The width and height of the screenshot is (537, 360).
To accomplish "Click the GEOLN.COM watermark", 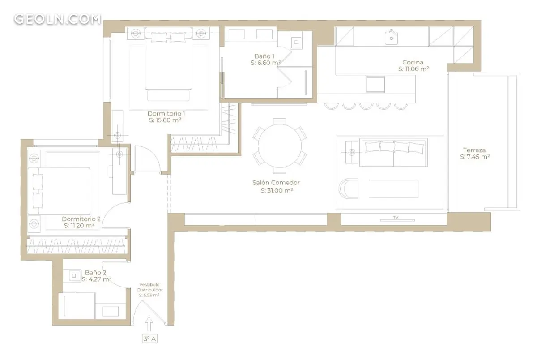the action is (58, 19).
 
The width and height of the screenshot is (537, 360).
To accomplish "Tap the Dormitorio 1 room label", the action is (166, 113).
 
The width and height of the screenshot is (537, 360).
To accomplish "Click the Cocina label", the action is (413, 62).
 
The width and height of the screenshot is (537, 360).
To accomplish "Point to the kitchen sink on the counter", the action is (391, 38).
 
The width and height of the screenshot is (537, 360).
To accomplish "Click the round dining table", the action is (280, 146).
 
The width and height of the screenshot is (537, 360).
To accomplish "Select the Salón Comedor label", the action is (276, 183).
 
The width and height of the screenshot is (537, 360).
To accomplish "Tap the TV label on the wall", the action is (396, 218).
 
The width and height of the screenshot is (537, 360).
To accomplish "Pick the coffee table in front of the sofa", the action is (393, 189).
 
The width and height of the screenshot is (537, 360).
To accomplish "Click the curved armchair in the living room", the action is (349, 189).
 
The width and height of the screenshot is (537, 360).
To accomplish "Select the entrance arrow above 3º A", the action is (149, 324).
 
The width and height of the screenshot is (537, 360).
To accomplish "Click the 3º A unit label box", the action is (149, 339).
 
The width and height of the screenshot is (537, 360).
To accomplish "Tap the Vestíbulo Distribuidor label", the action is (149, 287).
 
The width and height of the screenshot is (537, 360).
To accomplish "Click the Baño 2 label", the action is (95, 273).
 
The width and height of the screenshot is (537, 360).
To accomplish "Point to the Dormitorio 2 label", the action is (81, 219).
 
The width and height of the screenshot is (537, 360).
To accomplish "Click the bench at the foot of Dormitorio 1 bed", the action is (168, 95).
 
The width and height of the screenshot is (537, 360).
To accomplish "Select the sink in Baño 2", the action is (74, 276).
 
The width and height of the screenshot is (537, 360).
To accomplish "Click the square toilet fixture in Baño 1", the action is (296, 42).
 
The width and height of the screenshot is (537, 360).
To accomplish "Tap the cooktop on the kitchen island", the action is (375, 84).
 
